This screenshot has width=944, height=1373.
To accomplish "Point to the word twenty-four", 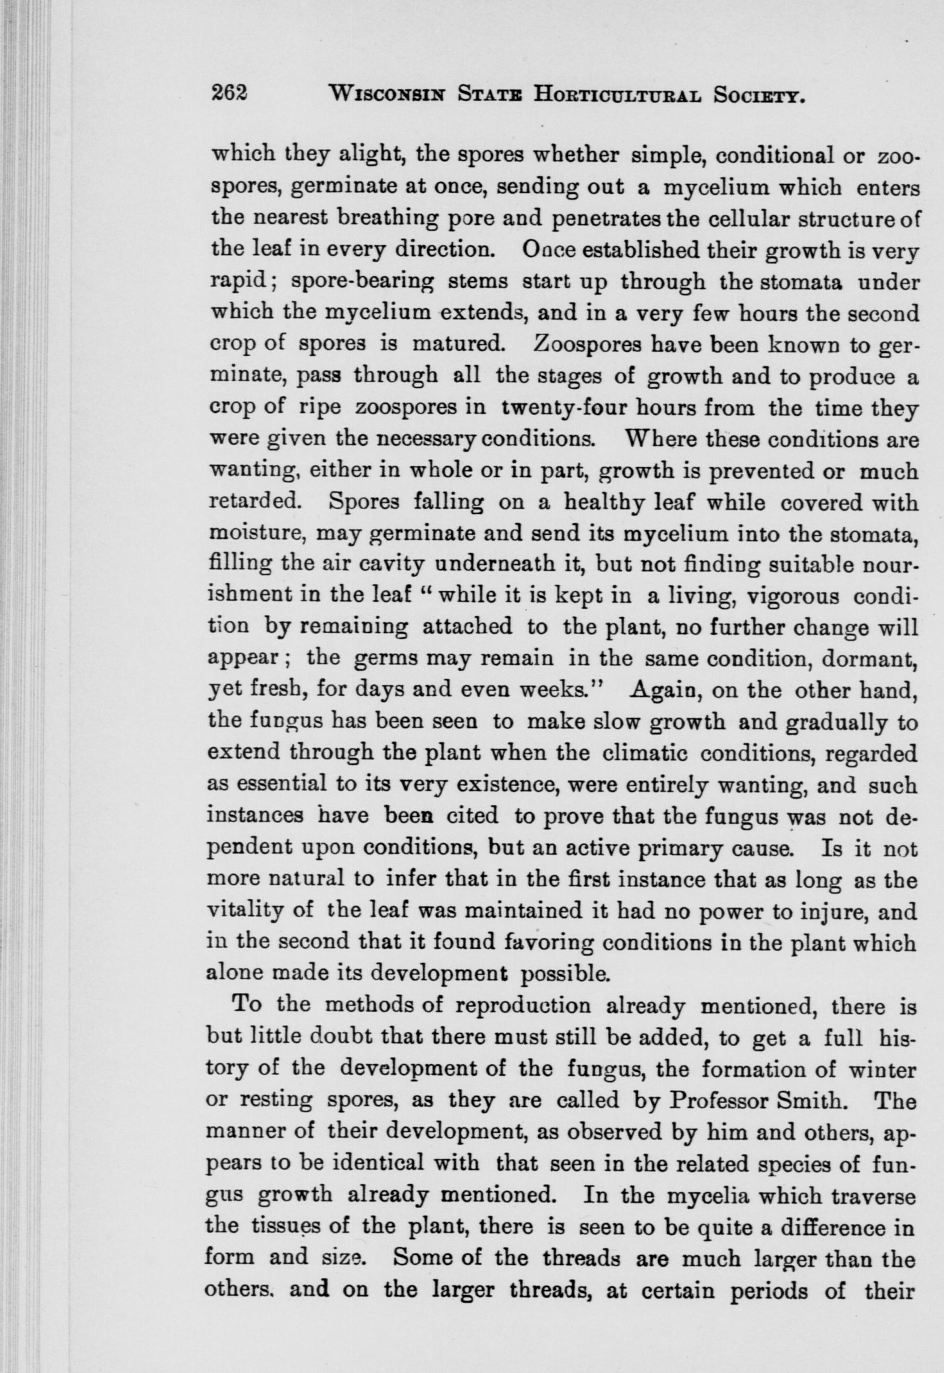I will pos(553,408).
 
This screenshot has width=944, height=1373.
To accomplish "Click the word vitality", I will pos(248,911).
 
